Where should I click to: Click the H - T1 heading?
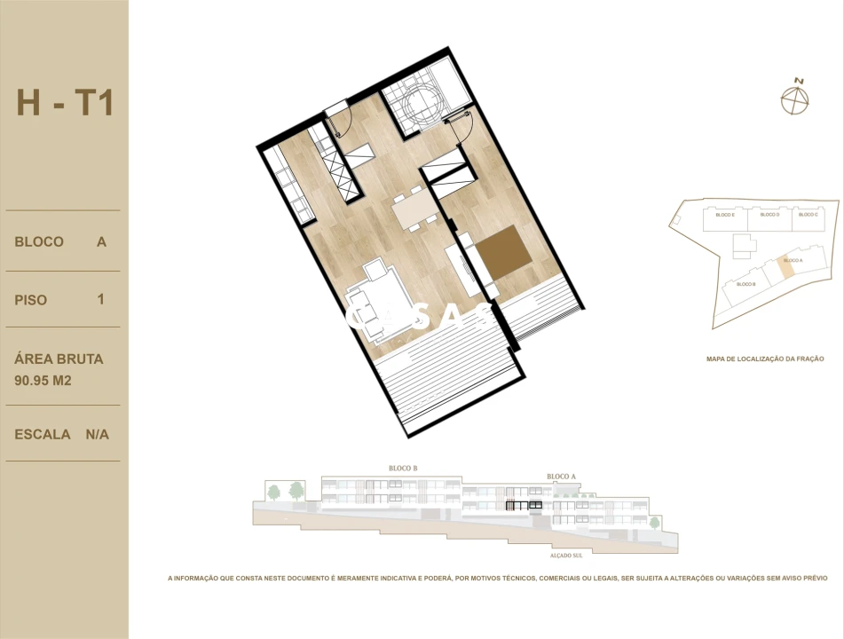point(65,103)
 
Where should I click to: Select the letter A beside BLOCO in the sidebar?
point(102,241)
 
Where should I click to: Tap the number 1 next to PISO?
point(101,299)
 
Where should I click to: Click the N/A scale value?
point(98,435)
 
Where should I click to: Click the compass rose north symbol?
point(796,99)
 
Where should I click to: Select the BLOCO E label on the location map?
point(725,215)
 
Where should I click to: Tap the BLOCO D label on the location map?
point(769,215)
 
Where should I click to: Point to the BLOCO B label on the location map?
point(745,284)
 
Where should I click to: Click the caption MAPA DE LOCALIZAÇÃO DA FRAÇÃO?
point(765,359)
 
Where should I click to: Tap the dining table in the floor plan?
point(414,213)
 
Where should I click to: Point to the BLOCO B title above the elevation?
point(403,469)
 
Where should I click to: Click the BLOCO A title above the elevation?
point(562,477)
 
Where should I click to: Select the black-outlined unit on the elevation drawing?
point(524,506)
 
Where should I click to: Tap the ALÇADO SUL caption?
point(564,556)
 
